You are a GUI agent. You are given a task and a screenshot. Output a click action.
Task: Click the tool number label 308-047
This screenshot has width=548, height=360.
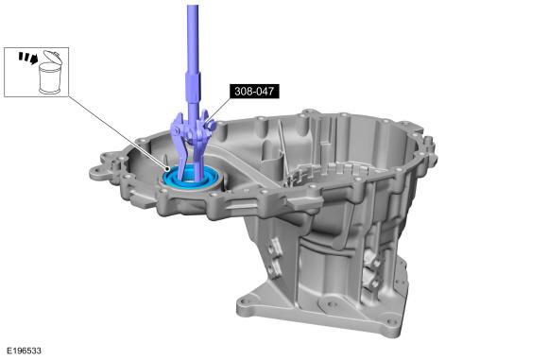pyautogui.click(x=254, y=92)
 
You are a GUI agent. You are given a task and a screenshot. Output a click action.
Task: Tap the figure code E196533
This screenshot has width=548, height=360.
pyautogui.click(x=25, y=351)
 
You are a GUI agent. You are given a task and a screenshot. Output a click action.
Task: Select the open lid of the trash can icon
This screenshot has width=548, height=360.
pyautogui.click(x=53, y=57)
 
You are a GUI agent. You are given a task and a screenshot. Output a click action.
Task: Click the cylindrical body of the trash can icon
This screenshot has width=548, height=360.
pyautogui.click(x=50, y=78)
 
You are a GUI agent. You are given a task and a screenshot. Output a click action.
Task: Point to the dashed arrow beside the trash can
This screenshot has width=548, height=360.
pyautogui.click(x=28, y=58)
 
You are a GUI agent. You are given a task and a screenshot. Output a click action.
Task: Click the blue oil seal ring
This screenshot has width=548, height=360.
pyautogui.click(x=193, y=179)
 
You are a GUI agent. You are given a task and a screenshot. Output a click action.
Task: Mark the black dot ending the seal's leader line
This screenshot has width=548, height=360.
pyautogui.click(x=168, y=168)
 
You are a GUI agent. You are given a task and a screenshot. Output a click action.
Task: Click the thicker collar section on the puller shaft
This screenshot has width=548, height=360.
pyautogui.click(x=194, y=87)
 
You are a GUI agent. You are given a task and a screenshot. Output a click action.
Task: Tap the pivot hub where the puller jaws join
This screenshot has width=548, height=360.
pyautogui.click(x=192, y=129)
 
